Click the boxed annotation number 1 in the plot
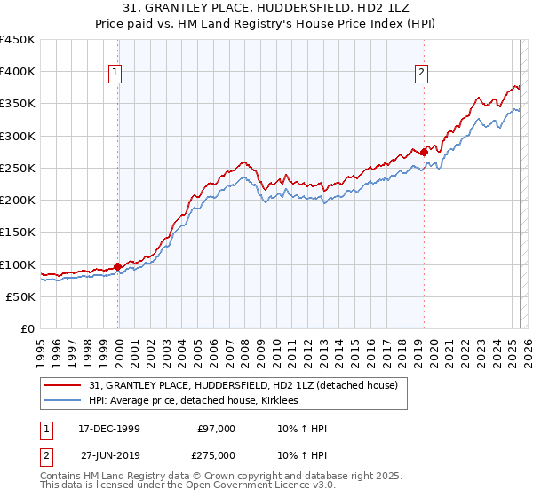click(x=117, y=74)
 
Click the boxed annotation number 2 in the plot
click(x=421, y=74)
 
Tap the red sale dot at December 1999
click(x=117, y=266)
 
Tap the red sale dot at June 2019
click(x=424, y=152)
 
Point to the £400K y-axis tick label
click(x=18, y=72)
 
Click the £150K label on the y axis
click(x=18, y=233)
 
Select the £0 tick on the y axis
click(x=28, y=329)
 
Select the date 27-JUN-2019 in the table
click(x=106, y=454)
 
